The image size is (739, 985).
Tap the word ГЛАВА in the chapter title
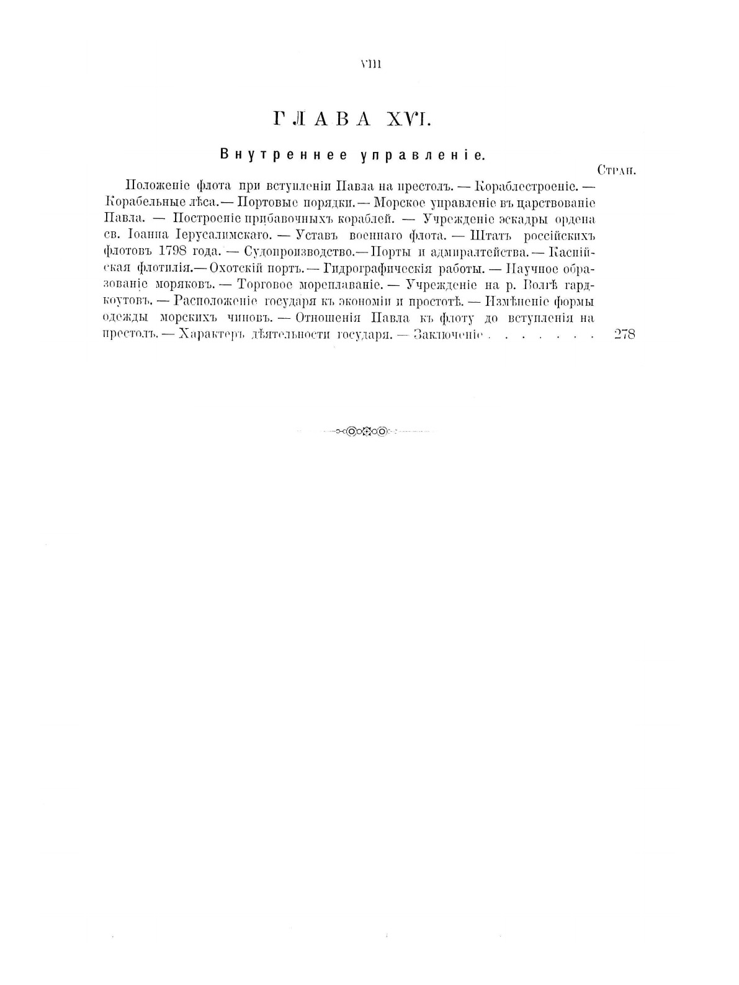pos(321,120)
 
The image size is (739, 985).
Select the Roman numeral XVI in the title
pos(409,120)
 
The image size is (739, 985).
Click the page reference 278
pos(624,335)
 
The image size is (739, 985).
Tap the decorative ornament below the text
pos(367,430)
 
